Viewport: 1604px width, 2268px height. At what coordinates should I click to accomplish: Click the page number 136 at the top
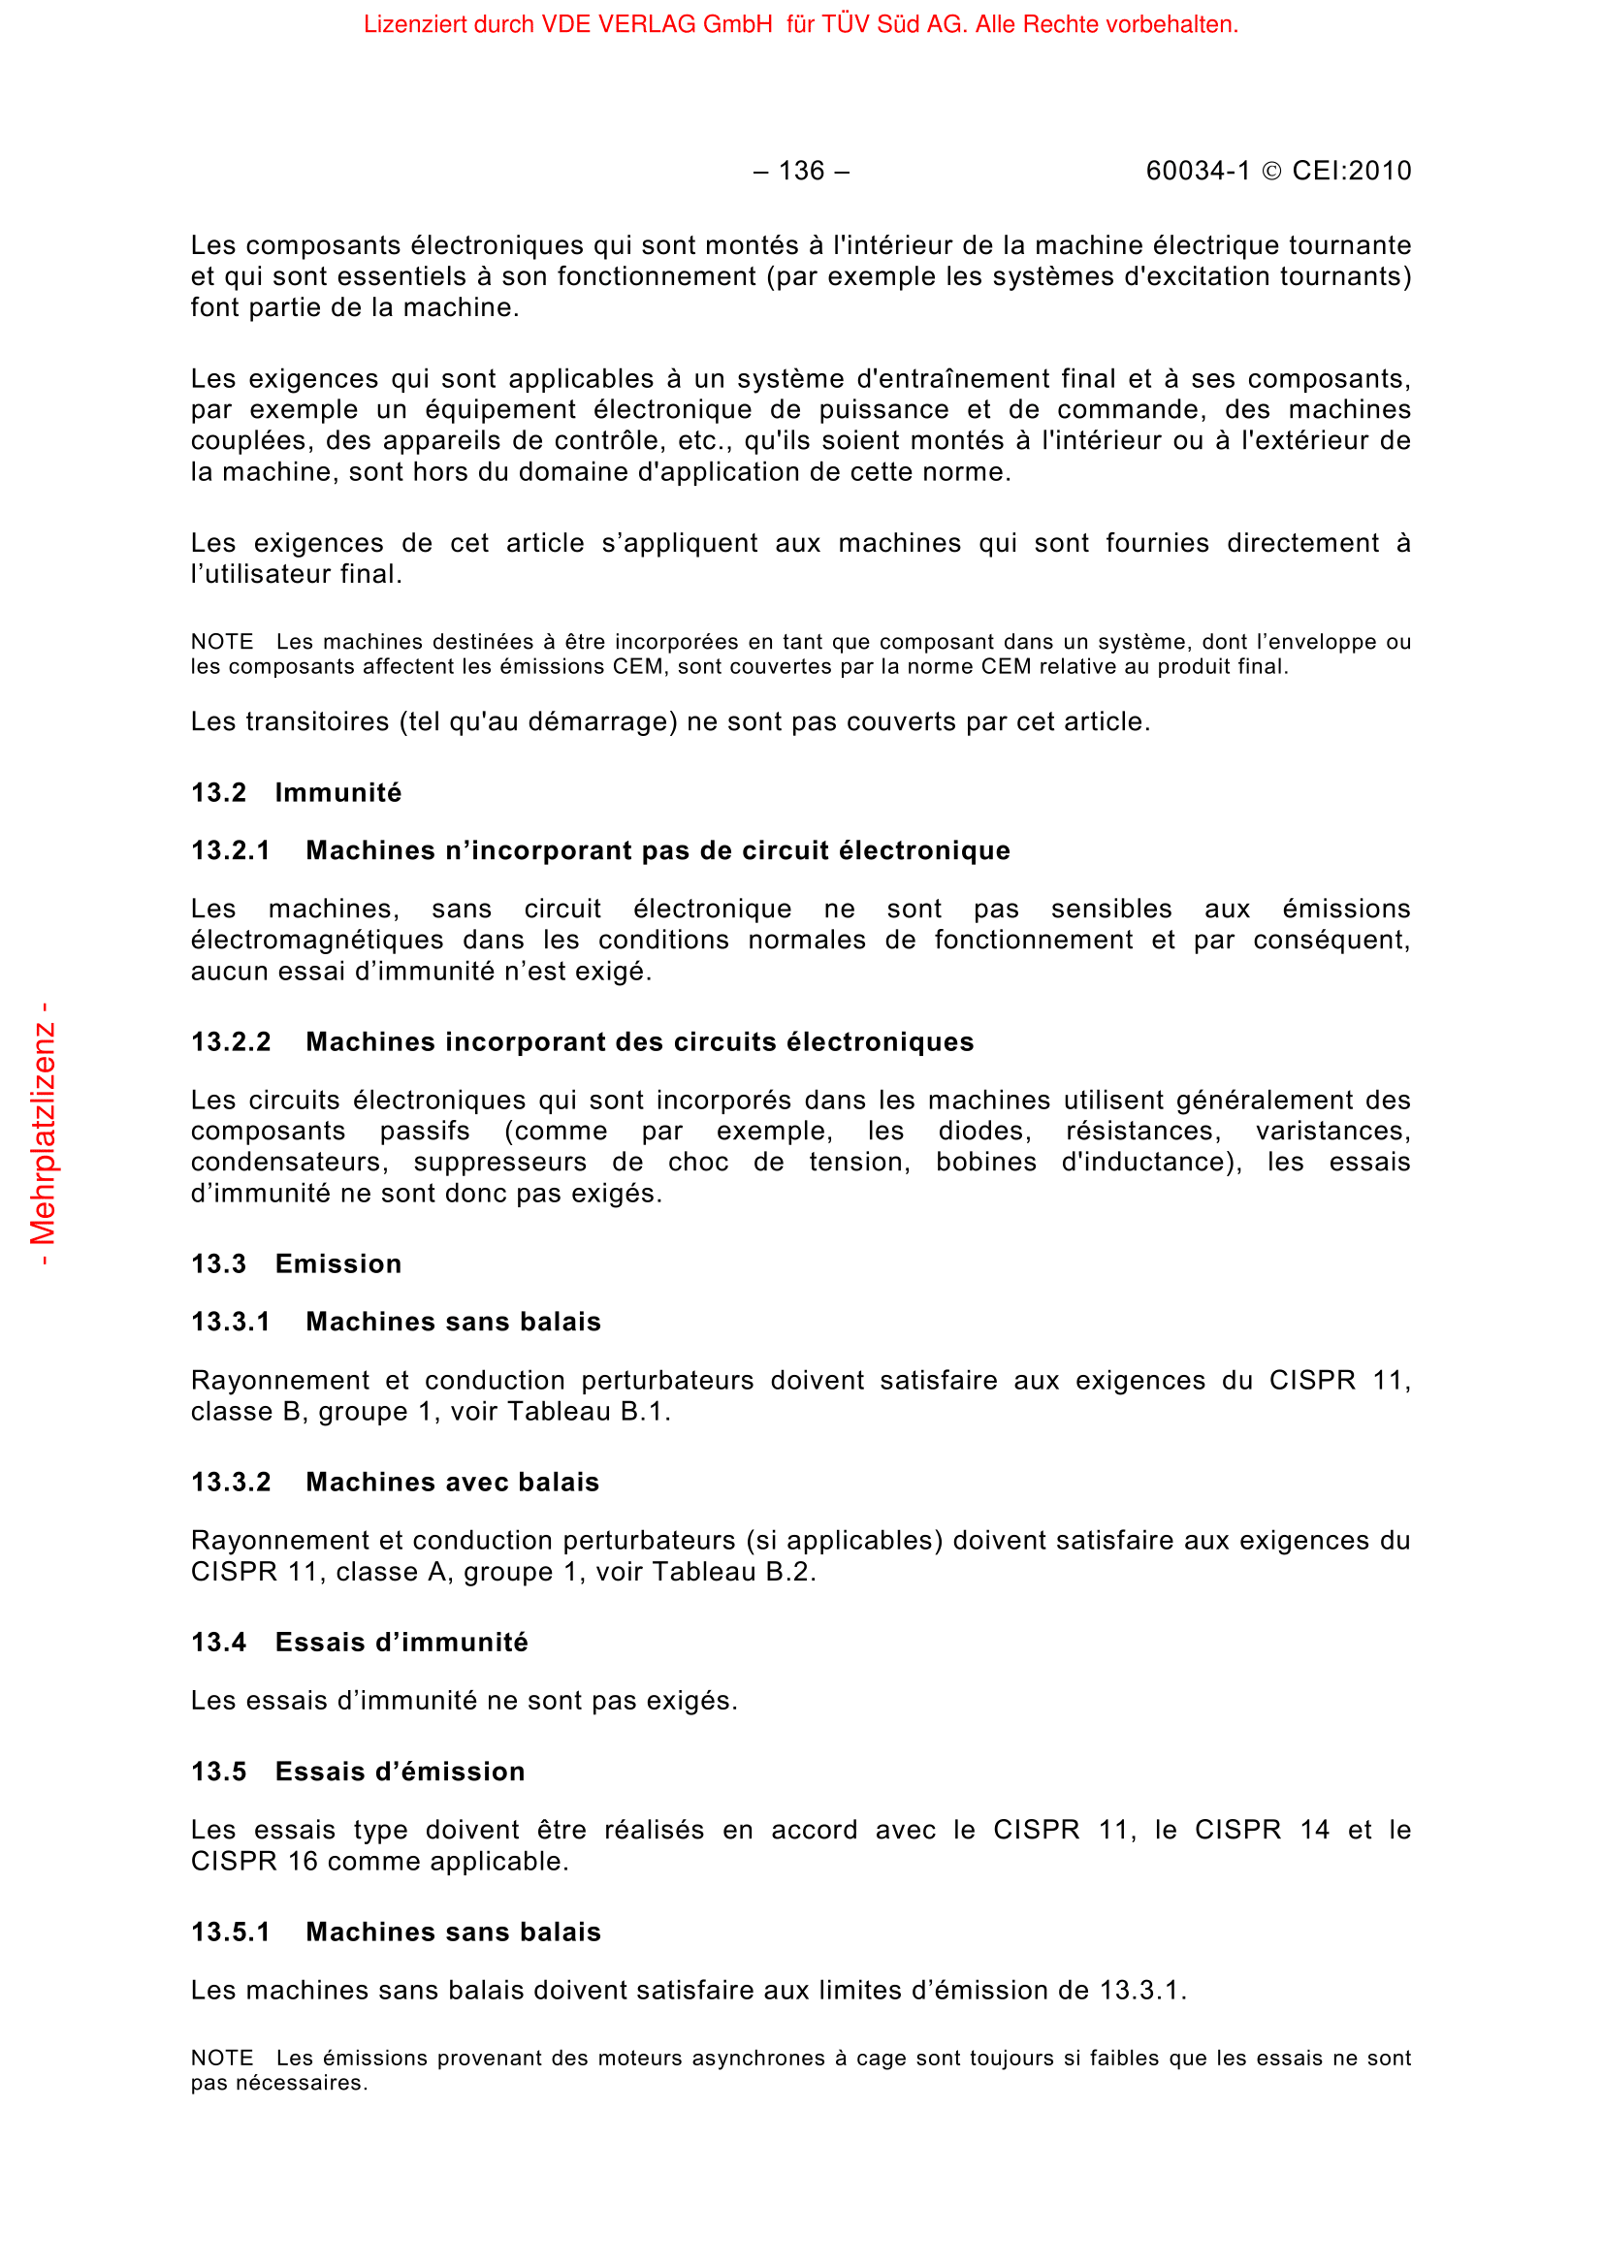tap(801, 171)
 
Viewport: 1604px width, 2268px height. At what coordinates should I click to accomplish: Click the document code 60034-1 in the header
tap(1197, 171)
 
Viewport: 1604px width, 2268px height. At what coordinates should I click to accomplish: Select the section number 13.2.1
tap(230, 850)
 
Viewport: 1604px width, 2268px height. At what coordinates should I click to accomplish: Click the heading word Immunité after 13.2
tap(337, 792)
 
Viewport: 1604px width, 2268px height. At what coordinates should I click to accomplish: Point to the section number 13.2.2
tap(230, 1042)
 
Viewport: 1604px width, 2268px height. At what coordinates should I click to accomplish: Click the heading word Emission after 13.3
tap(337, 1263)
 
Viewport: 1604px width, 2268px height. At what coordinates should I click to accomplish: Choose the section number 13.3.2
tap(230, 1482)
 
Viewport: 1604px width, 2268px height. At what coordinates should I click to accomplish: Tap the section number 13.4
tap(218, 1642)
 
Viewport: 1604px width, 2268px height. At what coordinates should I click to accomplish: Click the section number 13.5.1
tap(230, 1932)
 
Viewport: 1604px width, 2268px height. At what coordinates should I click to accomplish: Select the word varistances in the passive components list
tap(1332, 1131)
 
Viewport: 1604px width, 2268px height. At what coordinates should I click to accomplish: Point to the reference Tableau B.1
tap(589, 1412)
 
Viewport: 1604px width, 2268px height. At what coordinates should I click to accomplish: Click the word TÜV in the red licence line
tap(846, 24)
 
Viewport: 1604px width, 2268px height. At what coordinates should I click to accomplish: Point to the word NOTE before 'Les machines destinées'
tap(221, 642)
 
